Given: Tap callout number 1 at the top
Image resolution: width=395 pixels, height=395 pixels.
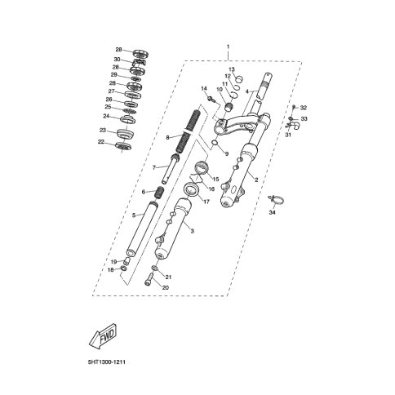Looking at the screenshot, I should click(229, 47).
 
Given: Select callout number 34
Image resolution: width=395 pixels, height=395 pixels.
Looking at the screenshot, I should click(273, 211).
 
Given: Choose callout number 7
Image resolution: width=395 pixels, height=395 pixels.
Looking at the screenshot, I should click(153, 167).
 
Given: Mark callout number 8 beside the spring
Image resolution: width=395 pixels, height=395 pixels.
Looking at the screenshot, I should click(167, 137).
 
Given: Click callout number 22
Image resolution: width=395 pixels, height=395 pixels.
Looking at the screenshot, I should click(102, 142).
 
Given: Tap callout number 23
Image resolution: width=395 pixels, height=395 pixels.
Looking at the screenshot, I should click(103, 130).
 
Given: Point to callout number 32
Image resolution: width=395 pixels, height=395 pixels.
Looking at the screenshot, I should click(304, 108).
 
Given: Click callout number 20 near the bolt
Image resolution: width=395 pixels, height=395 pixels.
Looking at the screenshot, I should click(166, 287).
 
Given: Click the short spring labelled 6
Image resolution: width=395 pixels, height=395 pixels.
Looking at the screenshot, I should click(161, 192).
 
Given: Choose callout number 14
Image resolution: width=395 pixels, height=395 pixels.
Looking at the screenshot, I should click(204, 88).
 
